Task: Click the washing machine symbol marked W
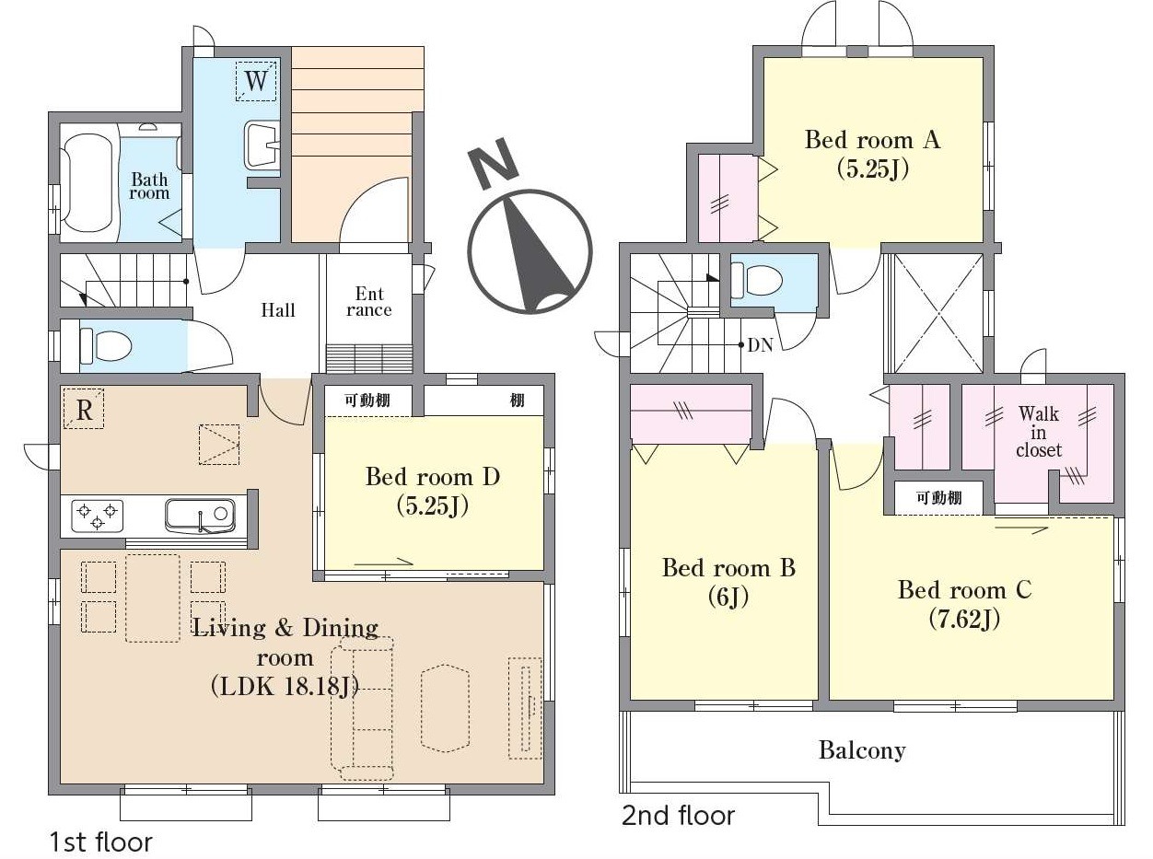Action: (256, 81)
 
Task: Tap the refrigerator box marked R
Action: (84, 409)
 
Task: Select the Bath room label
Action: (150, 186)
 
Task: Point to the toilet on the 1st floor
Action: (105, 345)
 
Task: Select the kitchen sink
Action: (200, 516)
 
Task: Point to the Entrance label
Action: (369, 301)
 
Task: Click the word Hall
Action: (278, 310)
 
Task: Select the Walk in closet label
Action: (1039, 432)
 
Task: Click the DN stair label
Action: (760, 345)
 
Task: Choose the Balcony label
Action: (862, 750)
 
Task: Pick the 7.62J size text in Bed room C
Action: (964, 620)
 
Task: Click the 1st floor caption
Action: (101, 842)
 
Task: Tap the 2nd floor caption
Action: (678, 816)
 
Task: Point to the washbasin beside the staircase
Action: (262, 145)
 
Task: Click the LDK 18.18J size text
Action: (285, 686)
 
